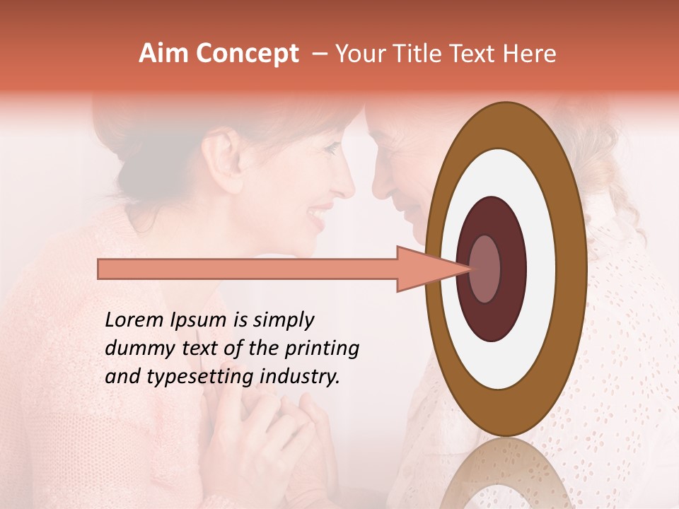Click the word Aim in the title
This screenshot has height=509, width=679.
click(x=163, y=54)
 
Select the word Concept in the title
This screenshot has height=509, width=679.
click(x=245, y=54)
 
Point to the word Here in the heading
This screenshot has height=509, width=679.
click(x=529, y=54)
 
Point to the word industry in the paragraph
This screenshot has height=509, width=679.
click(x=300, y=377)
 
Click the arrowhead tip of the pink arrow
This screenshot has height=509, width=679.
click(x=468, y=269)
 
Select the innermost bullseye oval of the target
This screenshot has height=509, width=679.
click(x=484, y=269)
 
